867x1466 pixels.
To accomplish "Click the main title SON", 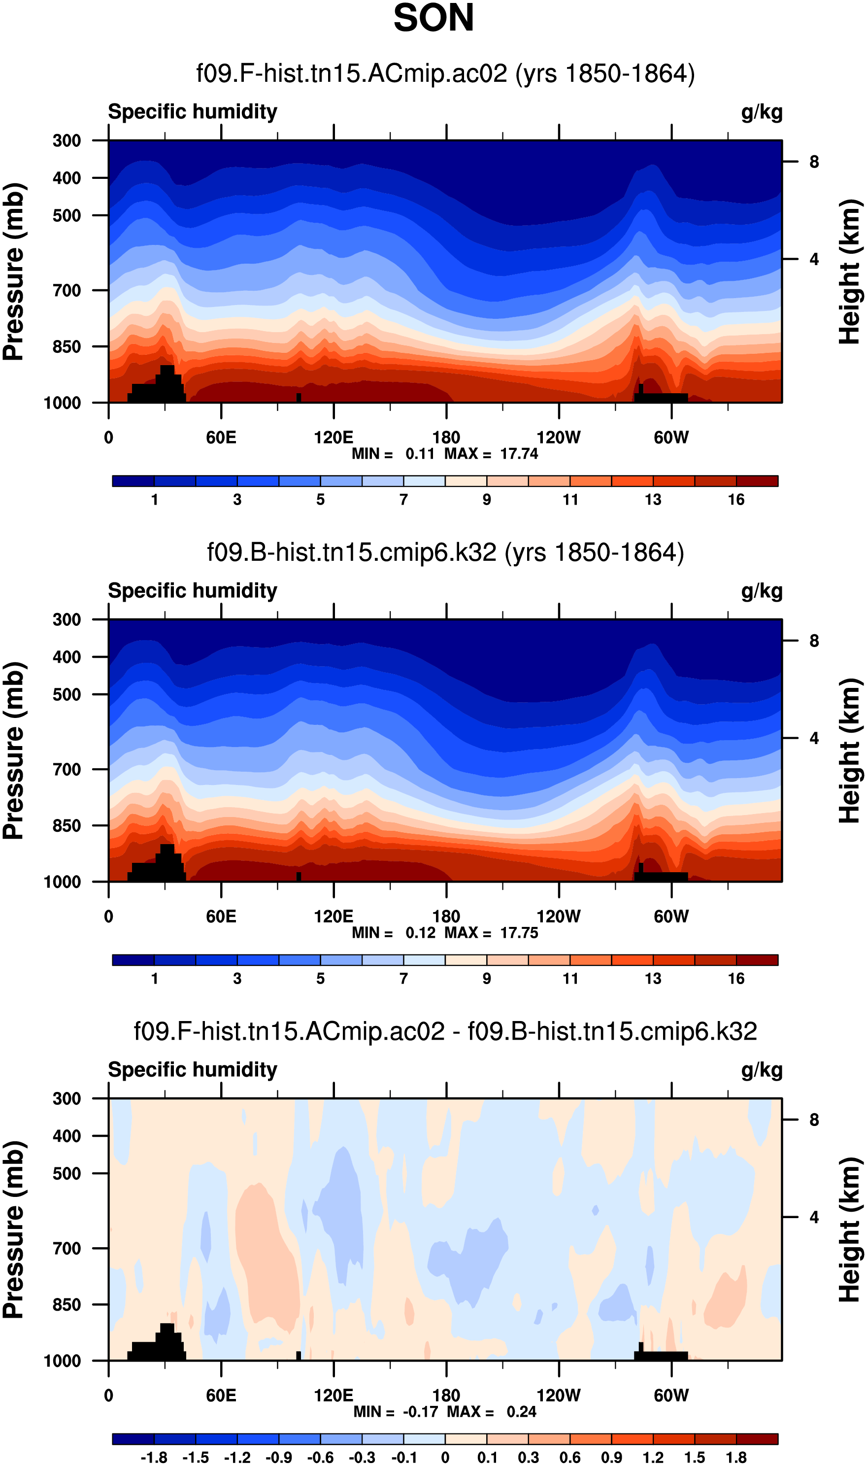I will [x=433, y=18].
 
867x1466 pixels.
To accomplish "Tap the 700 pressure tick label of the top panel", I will [x=67, y=290].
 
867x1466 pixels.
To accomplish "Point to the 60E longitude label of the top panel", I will [x=221, y=437].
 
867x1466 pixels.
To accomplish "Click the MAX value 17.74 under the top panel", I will [x=519, y=454].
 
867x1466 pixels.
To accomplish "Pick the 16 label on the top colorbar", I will [x=735, y=500].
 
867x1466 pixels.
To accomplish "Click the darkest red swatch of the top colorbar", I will [x=757, y=481].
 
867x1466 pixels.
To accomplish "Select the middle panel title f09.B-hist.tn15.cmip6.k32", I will [x=445, y=553].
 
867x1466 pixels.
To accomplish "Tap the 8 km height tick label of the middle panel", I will [x=814, y=641].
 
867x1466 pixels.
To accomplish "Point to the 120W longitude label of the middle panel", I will [x=558, y=916].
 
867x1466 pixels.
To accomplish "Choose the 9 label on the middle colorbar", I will [x=487, y=979].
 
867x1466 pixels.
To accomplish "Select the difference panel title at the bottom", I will [x=445, y=1032].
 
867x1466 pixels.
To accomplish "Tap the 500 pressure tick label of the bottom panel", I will [x=67, y=1174].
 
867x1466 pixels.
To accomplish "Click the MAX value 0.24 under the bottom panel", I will [x=521, y=1412].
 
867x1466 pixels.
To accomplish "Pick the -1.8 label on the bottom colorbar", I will [x=154, y=1458].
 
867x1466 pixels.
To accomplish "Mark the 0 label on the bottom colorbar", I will [x=445, y=1458].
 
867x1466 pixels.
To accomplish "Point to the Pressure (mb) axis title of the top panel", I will [x=14, y=272].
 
